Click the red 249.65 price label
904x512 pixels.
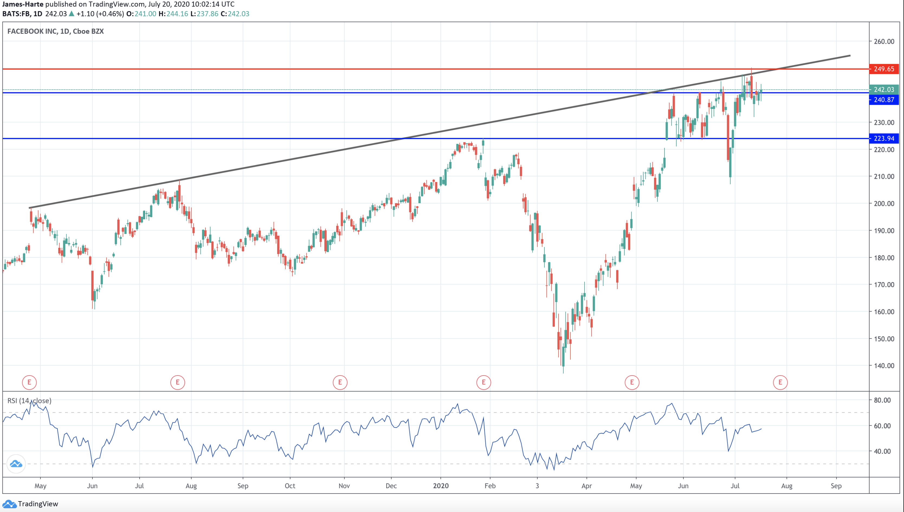[884, 69]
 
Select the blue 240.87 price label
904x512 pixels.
[884, 100]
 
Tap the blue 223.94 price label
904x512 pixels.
[884, 138]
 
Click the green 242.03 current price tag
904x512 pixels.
[884, 90]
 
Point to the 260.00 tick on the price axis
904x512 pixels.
[884, 41]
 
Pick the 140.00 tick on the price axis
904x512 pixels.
[884, 366]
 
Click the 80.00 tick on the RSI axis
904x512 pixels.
[882, 400]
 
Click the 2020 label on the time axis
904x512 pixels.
[441, 486]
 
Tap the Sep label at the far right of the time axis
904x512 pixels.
[836, 486]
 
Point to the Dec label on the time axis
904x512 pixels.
[391, 486]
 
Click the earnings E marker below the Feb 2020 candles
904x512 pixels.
[484, 382]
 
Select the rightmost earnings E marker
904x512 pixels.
[780, 382]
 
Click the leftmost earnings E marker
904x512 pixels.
[29, 382]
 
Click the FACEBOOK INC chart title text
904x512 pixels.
[55, 31]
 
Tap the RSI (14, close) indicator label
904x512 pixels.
[29, 401]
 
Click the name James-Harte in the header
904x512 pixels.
[23, 4]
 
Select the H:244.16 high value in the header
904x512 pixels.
[173, 14]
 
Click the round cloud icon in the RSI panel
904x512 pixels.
[16, 464]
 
